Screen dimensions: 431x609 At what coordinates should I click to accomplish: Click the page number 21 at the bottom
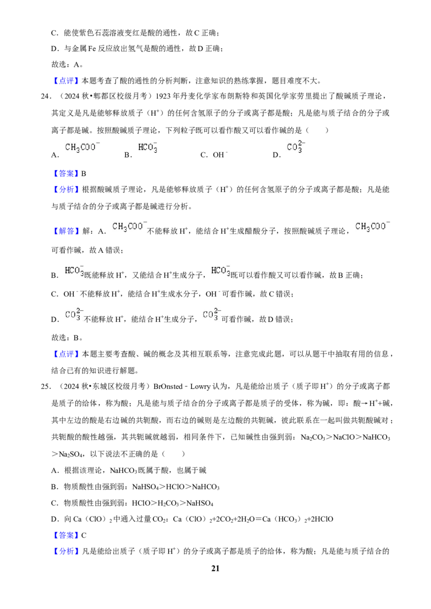[x=215, y=568]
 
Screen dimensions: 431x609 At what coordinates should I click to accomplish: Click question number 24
[x=46, y=96]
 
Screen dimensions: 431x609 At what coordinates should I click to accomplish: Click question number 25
[x=46, y=386]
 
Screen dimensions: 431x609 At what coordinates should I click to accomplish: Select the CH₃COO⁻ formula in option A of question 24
[x=82, y=147]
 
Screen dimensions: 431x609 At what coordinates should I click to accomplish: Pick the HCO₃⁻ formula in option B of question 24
[x=148, y=147]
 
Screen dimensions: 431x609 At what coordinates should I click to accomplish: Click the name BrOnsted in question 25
[x=168, y=386]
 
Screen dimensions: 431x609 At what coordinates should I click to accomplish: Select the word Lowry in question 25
[x=200, y=386]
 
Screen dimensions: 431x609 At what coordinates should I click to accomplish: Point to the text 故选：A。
[x=67, y=65]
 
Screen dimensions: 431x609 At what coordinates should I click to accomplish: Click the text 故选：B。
[x=67, y=337]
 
